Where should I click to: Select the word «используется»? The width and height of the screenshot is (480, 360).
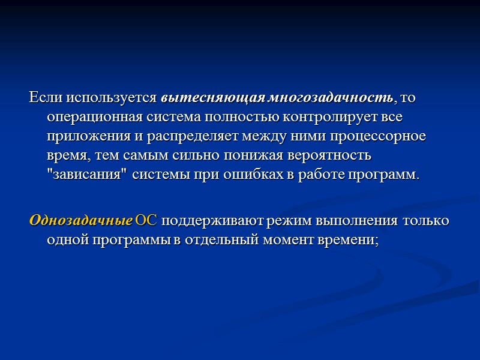click(x=113, y=97)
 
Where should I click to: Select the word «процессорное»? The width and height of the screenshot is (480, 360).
click(x=382, y=136)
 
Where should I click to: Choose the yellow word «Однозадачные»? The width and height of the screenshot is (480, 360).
click(x=80, y=220)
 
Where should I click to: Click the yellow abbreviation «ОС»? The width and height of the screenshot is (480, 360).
click(x=146, y=220)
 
